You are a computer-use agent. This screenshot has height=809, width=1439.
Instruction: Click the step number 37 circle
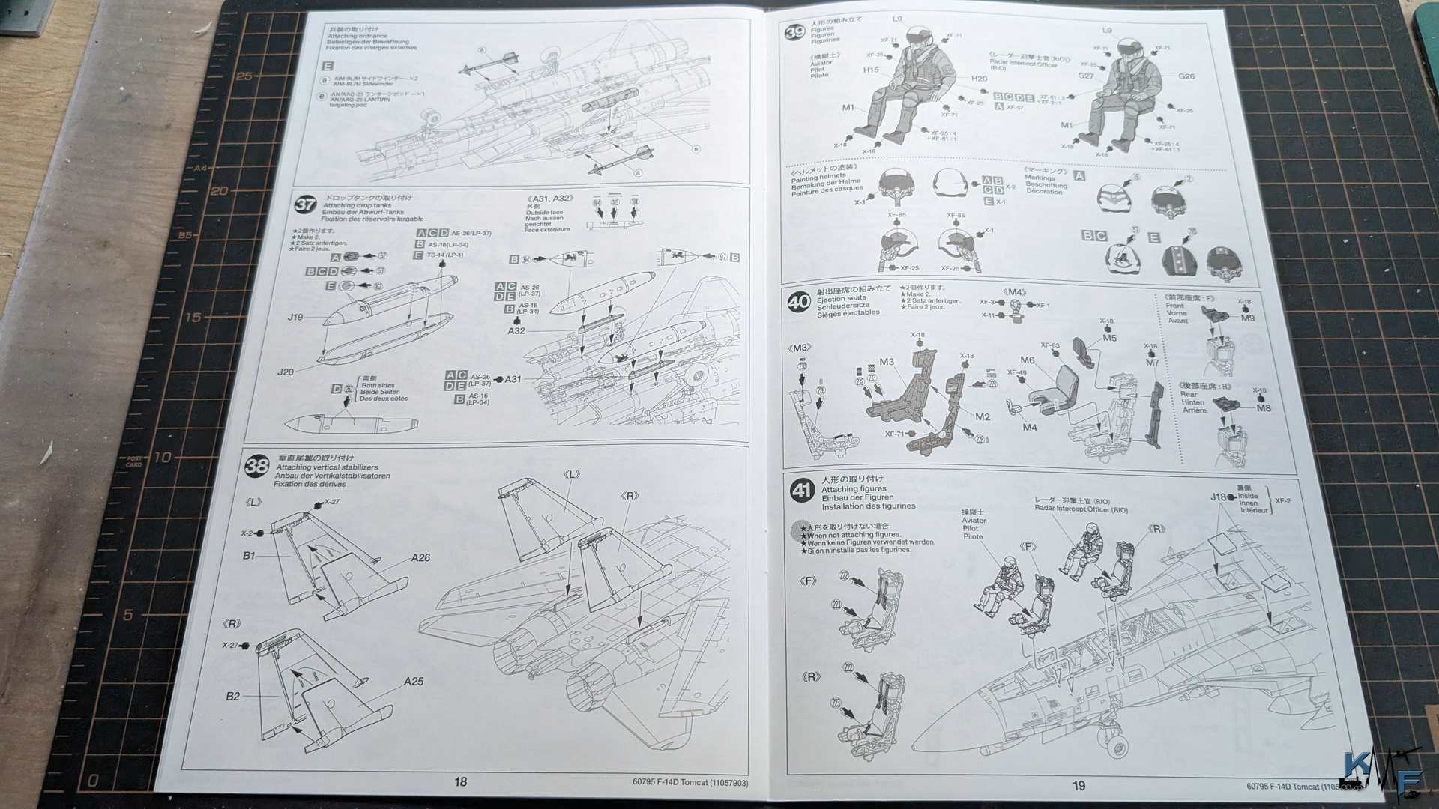pyautogui.click(x=305, y=204)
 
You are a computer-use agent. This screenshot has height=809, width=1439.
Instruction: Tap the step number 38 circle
pyautogui.click(x=256, y=466)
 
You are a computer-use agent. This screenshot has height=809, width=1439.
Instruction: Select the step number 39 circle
pyautogui.click(x=794, y=33)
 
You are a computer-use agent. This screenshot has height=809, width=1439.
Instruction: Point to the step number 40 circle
pyautogui.click(x=798, y=302)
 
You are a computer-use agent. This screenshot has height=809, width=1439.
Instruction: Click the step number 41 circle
pyautogui.click(x=802, y=491)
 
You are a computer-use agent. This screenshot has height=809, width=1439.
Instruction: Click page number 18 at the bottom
pyautogui.click(x=460, y=781)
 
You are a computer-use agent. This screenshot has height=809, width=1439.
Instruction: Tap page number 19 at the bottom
pyautogui.click(x=1078, y=785)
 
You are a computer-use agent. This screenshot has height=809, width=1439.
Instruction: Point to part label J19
pyautogui.click(x=295, y=317)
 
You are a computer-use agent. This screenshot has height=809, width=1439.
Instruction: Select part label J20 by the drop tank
pyautogui.click(x=286, y=372)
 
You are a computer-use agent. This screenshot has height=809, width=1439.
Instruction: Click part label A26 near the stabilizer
pyautogui.click(x=420, y=557)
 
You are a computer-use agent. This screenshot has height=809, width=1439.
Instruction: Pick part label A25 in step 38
pyautogui.click(x=413, y=682)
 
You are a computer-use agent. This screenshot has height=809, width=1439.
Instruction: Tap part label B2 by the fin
pyautogui.click(x=233, y=696)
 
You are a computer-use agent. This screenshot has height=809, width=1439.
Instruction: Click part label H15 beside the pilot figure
pyautogui.click(x=870, y=70)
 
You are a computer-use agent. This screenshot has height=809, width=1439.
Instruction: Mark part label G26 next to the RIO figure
pyautogui.click(x=1186, y=76)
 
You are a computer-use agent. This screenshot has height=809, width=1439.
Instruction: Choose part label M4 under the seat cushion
pyautogui.click(x=1029, y=428)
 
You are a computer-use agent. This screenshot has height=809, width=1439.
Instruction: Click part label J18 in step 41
pyautogui.click(x=1218, y=497)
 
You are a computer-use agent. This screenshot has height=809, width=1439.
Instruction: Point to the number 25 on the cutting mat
pyautogui.click(x=244, y=76)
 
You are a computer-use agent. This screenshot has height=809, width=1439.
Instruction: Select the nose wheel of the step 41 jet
pyautogui.click(x=1116, y=746)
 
